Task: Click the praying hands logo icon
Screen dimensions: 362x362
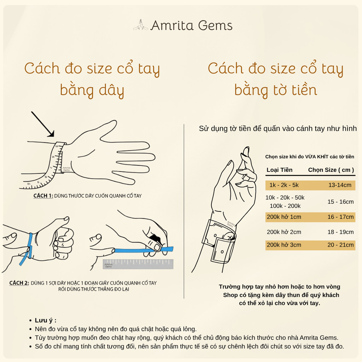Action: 141,25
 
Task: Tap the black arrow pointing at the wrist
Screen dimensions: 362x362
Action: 43,124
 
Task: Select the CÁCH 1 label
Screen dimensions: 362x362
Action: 43,196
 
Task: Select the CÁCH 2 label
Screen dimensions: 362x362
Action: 19,283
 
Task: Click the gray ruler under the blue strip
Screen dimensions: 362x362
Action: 138,264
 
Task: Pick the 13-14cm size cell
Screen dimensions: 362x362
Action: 340,185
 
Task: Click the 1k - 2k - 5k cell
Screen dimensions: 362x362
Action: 284,185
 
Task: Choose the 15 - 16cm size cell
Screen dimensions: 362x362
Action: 340,202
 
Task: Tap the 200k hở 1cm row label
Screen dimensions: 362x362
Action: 284,217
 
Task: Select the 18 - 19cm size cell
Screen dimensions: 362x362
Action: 340,232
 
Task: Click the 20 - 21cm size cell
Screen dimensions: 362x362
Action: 340,245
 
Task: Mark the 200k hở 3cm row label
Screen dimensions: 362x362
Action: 284,245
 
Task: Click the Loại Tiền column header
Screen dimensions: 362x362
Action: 279,170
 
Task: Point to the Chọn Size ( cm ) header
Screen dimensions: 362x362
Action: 331,170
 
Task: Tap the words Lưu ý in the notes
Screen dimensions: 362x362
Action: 46,320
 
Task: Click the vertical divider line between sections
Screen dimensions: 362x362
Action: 184,211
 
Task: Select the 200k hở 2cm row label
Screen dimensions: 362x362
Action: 284,232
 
